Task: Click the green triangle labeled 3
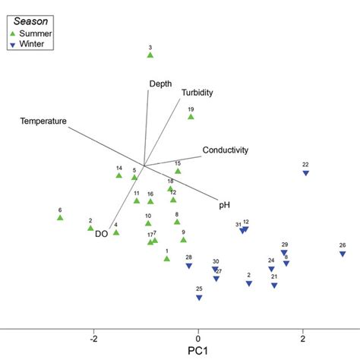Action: point(150,55)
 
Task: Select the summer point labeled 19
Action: point(191,116)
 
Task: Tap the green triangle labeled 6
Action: point(60,218)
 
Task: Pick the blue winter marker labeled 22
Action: point(305,173)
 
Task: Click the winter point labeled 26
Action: point(343,254)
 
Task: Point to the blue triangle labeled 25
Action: point(199,298)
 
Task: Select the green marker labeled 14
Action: point(118,175)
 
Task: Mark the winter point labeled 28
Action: point(189,266)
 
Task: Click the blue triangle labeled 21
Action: point(274,286)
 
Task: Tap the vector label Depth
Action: point(160,84)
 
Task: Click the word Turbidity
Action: point(197,93)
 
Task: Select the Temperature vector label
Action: point(43,121)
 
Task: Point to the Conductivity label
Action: point(226,150)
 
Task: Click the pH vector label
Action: point(224,204)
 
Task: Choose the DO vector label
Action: point(101,234)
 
